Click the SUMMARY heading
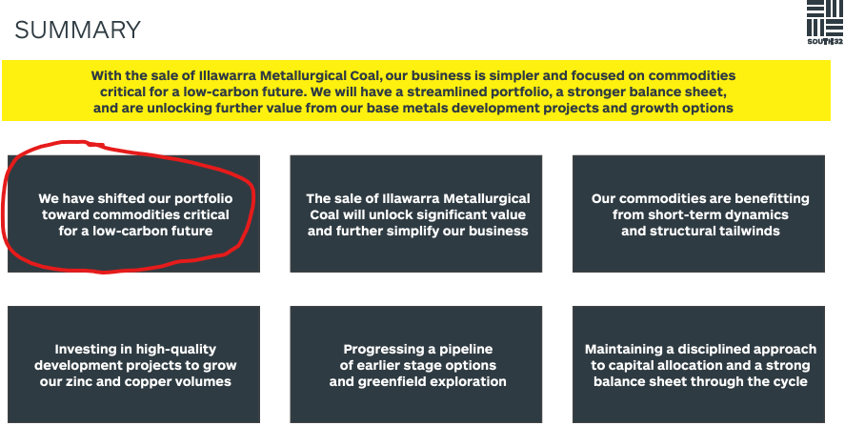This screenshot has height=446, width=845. pyautogui.click(x=77, y=30)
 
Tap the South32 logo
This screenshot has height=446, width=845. pyautogui.click(x=825, y=22)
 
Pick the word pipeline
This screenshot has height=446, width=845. pyautogui.click(x=466, y=350)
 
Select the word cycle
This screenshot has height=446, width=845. pyautogui.click(x=792, y=382)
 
